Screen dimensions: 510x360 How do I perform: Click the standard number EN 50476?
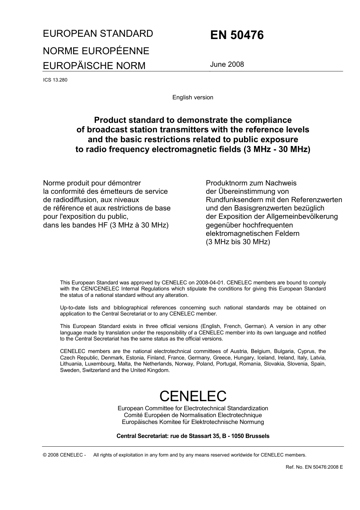237,35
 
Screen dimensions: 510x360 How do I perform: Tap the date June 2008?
227,64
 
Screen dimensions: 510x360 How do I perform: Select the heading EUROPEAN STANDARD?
98,33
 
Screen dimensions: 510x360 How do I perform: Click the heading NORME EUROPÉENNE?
96,51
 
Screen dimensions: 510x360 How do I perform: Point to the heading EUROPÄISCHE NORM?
94,66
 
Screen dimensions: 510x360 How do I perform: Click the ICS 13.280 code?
55,80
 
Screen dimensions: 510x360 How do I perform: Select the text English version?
193,97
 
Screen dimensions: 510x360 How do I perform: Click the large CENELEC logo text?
193,396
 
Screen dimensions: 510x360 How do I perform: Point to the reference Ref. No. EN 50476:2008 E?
314,467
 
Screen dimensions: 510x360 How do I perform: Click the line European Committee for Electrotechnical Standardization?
193,408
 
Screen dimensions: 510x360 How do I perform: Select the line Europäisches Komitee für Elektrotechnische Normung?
193,422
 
